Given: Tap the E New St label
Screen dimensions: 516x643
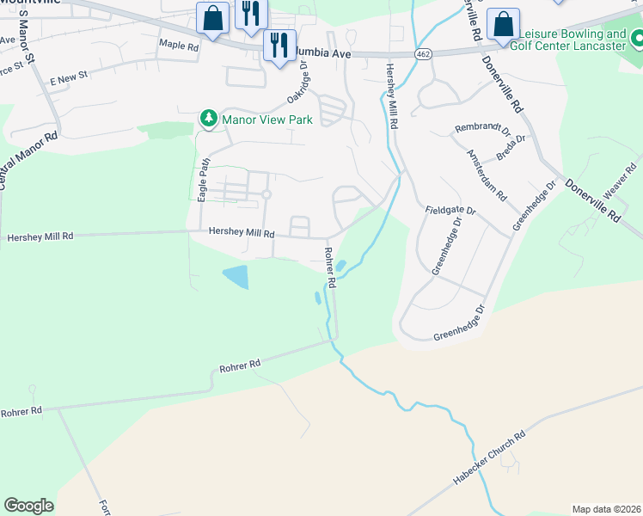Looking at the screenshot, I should pos(69,77).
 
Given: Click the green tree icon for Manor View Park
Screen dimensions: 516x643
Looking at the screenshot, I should pos(208,120).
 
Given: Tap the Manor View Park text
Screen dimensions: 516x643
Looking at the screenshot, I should pos(266,120).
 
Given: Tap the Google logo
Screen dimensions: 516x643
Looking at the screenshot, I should pos(28,506).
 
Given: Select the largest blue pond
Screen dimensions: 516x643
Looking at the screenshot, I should pos(236,277).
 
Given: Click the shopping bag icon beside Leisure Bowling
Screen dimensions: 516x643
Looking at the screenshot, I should pos(503,25).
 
